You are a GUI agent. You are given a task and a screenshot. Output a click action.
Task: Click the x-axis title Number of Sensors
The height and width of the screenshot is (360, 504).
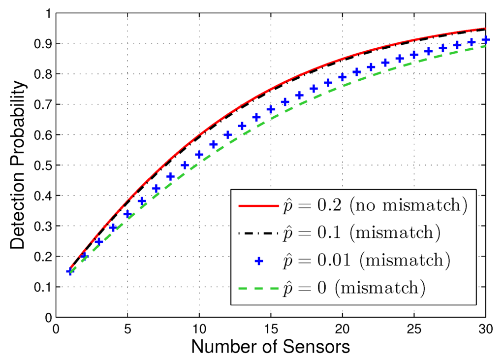[270, 346]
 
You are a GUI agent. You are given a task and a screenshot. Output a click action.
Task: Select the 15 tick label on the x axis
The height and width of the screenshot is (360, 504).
[271, 327]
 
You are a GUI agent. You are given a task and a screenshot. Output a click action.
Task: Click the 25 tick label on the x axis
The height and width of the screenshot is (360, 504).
[414, 327]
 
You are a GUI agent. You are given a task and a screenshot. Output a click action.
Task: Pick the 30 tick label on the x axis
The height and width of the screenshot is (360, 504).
[485, 327]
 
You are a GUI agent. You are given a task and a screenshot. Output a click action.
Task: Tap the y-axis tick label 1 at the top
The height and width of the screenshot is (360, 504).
[48, 13]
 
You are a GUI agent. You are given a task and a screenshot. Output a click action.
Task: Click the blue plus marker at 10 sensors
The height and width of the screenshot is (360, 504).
[199, 155]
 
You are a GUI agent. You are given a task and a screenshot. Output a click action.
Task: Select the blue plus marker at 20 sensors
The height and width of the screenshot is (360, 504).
[343, 77]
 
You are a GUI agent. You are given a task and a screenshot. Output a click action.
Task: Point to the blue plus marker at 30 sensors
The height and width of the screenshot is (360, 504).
[486, 39]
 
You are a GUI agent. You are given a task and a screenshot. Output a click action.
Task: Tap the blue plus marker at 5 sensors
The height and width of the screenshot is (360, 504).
[127, 214]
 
